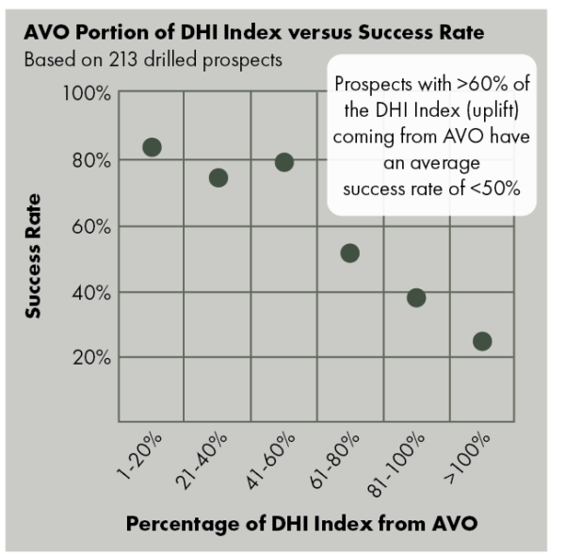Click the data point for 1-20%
point(152,147)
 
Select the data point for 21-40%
point(218,177)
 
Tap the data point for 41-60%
point(284,162)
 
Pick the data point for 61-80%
point(350,253)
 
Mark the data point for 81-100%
point(416,298)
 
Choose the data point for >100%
point(482,341)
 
